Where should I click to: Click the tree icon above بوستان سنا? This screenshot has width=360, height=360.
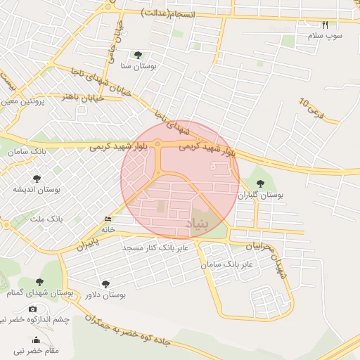pos(137,54)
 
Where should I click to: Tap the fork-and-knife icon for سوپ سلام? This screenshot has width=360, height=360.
pos(325,25)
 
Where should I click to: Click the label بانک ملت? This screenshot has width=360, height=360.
pos(46,219)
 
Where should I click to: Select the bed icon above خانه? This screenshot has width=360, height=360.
pos(107,219)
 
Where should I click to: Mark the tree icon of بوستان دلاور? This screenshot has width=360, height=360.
pos(105,284)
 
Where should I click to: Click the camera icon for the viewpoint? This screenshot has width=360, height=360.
pos(32,309)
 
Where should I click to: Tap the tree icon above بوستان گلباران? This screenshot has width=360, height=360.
pos(260,184)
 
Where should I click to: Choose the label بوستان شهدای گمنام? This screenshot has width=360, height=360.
pos(39,292)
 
